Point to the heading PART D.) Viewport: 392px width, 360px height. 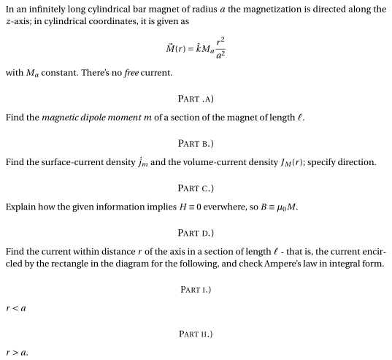pyautogui.click(x=196, y=232)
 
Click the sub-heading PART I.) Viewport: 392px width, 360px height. pyautogui.click(x=196, y=289)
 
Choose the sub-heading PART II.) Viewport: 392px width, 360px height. pyautogui.click(x=196, y=334)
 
